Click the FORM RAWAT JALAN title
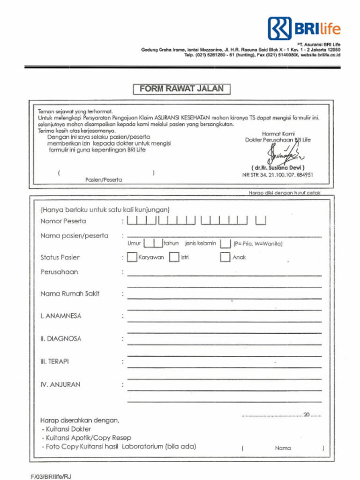click(x=181, y=89)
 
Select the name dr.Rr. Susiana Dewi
click(x=278, y=167)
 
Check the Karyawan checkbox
click(x=132, y=257)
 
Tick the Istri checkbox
click(x=174, y=257)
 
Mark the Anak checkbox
click(x=225, y=257)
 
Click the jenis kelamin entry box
click(x=225, y=243)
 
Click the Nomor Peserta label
click(x=63, y=221)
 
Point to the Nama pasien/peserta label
click(x=74, y=235)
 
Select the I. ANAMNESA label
click(x=60, y=316)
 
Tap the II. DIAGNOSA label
click(x=60, y=338)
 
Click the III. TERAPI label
click(x=54, y=361)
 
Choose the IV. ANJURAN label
click(x=60, y=384)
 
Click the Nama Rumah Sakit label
click(x=70, y=293)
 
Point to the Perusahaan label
click(x=59, y=272)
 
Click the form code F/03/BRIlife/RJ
click(x=51, y=476)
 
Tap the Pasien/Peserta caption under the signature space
click(x=104, y=180)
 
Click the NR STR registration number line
click(x=277, y=175)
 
